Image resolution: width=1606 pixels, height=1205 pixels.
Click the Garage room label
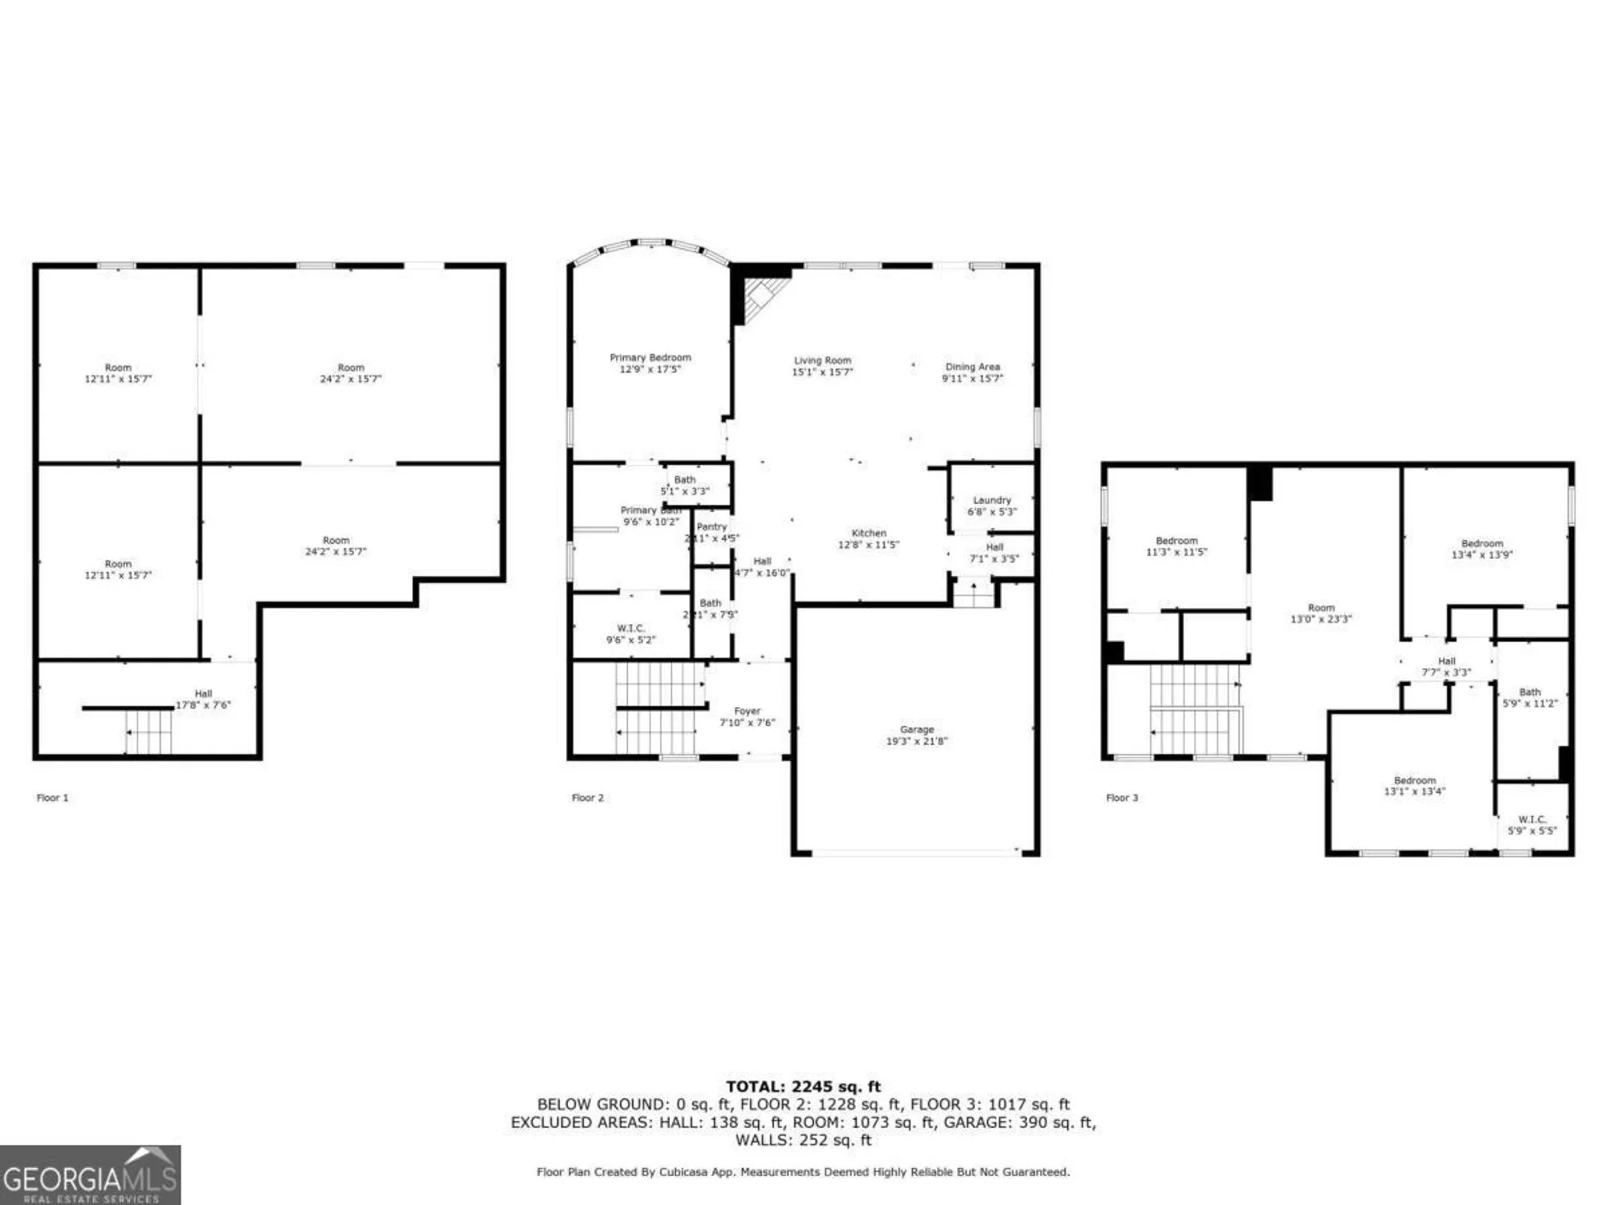[x=916, y=735]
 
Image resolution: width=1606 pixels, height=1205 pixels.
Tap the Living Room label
[x=822, y=366]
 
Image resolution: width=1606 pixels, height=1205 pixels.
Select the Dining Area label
[x=972, y=372]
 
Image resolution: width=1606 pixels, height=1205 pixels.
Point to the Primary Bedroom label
[x=650, y=363]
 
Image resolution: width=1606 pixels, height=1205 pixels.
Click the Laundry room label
[x=992, y=505]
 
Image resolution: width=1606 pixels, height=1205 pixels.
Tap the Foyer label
[x=747, y=717]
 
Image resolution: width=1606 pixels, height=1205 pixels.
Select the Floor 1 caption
[x=53, y=798]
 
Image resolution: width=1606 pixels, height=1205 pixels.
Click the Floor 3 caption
[x=1122, y=798]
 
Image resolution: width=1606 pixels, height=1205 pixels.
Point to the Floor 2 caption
[x=587, y=798]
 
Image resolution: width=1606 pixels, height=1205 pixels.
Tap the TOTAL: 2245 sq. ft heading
[x=803, y=1087]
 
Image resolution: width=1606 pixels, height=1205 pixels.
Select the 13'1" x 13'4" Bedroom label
[x=1414, y=786]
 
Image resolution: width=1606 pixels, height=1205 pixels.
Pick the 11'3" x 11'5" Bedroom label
[x=1176, y=546]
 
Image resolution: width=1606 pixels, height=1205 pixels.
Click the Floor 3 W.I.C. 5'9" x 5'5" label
[x=1531, y=825]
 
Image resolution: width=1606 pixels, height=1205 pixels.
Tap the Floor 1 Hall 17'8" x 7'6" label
[x=203, y=699]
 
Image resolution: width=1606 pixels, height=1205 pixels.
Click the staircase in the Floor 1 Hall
[x=149, y=732]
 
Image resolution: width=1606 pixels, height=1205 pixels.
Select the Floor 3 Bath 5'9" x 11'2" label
[x=1530, y=697]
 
